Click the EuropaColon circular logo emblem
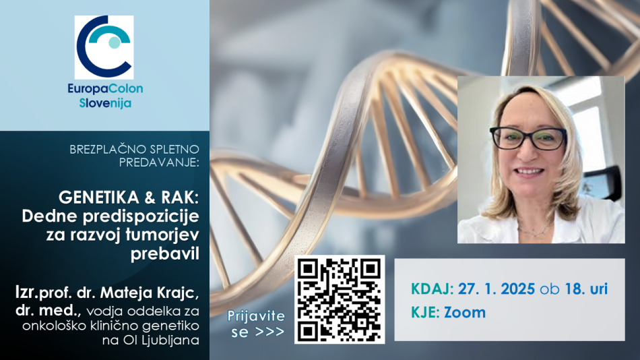pyautogui.click(x=104, y=47)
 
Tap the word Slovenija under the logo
pyautogui.click(x=105, y=103)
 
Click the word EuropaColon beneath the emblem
pyautogui.click(x=105, y=88)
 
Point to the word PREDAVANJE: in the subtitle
pyautogui.click(x=159, y=162)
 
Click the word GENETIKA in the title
pyautogui.click(x=99, y=198)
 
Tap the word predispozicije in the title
pyautogui.click(x=141, y=216)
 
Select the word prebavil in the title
pyautogui.click(x=165, y=253)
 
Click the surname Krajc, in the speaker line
pyautogui.click(x=179, y=293)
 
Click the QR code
pyautogui.click(x=340, y=299)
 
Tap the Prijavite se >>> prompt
pyautogui.click(x=256, y=324)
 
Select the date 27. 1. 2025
pyautogui.click(x=497, y=289)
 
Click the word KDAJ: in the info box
pyautogui.click(x=433, y=289)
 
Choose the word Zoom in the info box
pyautogui.click(x=465, y=313)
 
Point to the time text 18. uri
pyautogui.click(x=586, y=289)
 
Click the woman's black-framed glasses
pyautogui.click(x=528, y=138)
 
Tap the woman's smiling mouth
pyautogui.click(x=529, y=172)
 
